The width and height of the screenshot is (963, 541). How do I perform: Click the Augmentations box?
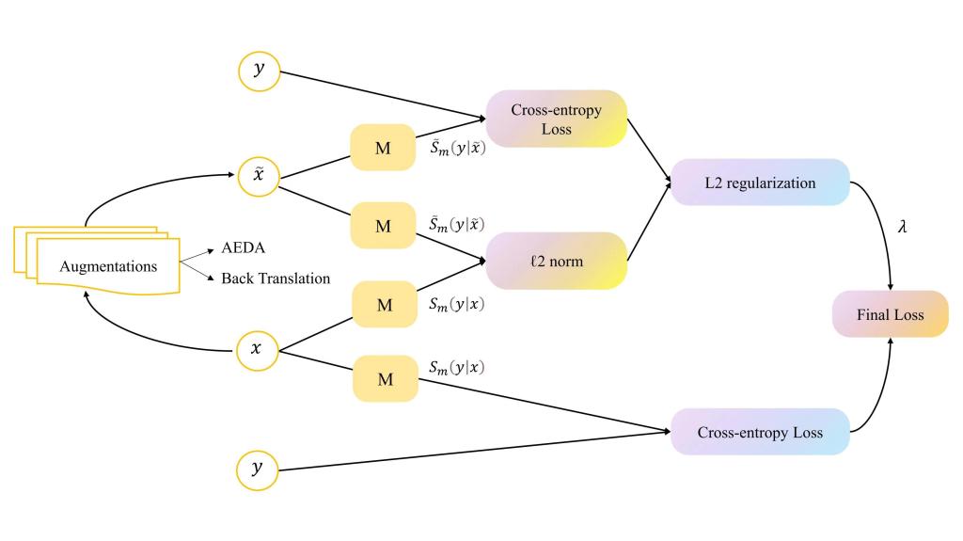point(108,266)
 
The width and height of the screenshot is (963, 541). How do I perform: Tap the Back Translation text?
point(276,278)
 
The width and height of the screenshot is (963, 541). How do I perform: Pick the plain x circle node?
point(256,347)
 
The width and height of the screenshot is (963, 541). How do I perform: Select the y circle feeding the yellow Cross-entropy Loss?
point(256,71)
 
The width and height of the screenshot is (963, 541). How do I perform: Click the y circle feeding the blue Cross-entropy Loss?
point(256,469)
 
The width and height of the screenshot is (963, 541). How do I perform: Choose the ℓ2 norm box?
point(556,261)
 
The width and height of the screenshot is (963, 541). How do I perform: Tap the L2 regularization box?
point(759,183)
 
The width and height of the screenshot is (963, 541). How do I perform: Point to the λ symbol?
point(903,228)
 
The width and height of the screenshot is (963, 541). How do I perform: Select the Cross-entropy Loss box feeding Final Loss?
point(759,433)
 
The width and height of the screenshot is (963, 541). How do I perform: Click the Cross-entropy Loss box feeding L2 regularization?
point(556,119)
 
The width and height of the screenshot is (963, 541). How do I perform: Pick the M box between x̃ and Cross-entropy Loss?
point(383,148)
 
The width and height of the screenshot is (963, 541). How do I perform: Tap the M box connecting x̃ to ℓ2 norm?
point(383,226)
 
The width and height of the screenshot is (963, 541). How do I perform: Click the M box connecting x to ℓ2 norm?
point(383,303)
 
